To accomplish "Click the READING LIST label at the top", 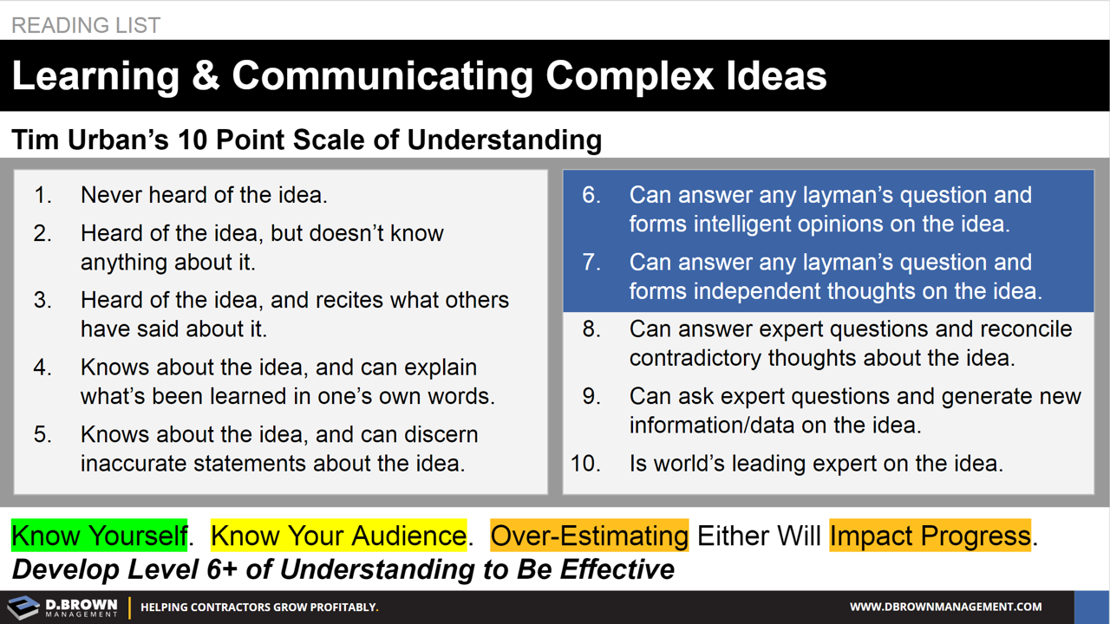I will click(x=86, y=25).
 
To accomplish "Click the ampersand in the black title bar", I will click(x=205, y=76).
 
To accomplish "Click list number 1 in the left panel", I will click(x=42, y=196).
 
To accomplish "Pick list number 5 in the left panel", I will click(x=42, y=435).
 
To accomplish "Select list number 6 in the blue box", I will click(x=591, y=196).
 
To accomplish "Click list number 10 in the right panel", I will click(x=585, y=464).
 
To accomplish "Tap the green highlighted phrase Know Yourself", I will click(x=99, y=536).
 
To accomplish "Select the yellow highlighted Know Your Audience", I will click(x=338, y=536).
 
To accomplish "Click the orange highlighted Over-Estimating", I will click(x=589, y=536).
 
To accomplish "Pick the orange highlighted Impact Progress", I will click(x=930, y=536).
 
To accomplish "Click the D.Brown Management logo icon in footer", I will click(x=23, y=607).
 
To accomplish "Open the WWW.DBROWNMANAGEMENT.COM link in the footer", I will click(x=945, y=608).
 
